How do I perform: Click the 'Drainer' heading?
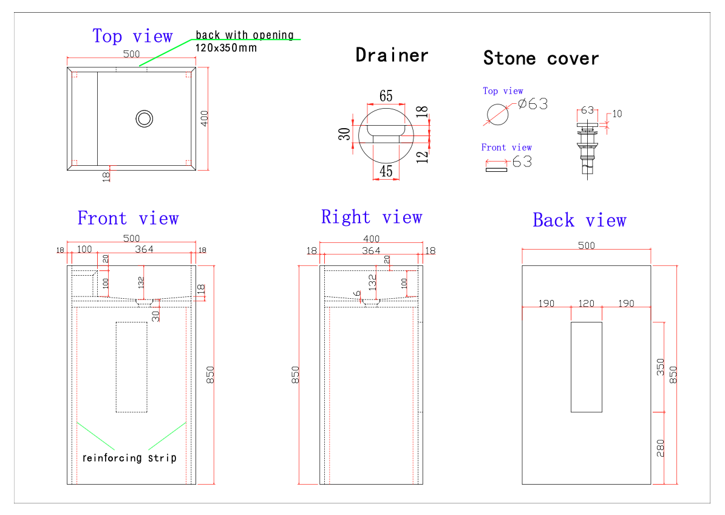392,55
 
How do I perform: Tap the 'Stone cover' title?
541,58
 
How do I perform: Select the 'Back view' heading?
579,220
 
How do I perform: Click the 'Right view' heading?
371,217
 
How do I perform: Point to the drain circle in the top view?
145,118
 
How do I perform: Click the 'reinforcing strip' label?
129,458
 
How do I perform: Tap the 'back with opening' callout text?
245,35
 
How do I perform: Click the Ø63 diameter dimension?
533,104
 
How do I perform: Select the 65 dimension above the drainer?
386,96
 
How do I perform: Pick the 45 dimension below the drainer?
386,171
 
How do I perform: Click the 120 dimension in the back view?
586,303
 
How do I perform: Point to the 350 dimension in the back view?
661,367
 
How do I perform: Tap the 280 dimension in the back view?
661,448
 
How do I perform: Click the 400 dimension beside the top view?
205,118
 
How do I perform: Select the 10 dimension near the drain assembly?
617,114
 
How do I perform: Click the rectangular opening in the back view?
586,367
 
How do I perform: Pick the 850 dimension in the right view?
295,375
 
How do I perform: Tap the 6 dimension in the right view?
358,293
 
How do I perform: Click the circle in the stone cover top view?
497,114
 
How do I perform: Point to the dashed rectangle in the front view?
131,367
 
